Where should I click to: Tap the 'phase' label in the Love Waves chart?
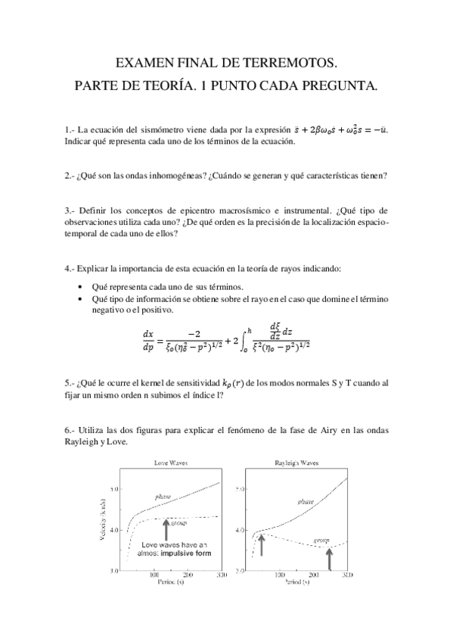click(x=163, y=497)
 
